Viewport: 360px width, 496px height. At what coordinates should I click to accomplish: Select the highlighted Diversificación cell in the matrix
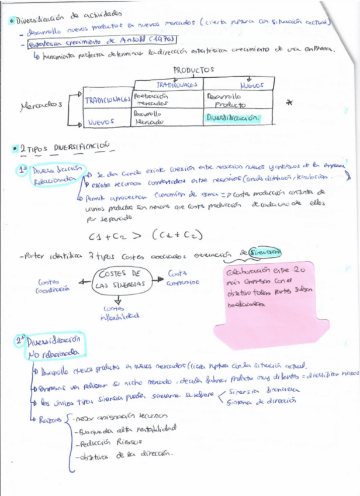click(x=231, y=117)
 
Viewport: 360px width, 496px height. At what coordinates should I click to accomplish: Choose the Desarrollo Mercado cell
click(x=148, y=118)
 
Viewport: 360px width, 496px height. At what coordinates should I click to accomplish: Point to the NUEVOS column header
click(x=251, y=85)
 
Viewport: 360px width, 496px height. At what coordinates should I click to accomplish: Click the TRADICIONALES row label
click(x=108, y=100)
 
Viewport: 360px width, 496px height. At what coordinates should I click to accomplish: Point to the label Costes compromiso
click(x=183, y=277)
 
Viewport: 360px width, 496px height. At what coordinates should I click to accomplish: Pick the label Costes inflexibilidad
click(x=119, y=312)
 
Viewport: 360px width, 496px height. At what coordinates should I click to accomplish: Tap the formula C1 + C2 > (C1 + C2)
click(x=146, y=235)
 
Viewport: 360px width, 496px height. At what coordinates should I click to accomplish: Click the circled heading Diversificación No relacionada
click(x=53, y=347)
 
